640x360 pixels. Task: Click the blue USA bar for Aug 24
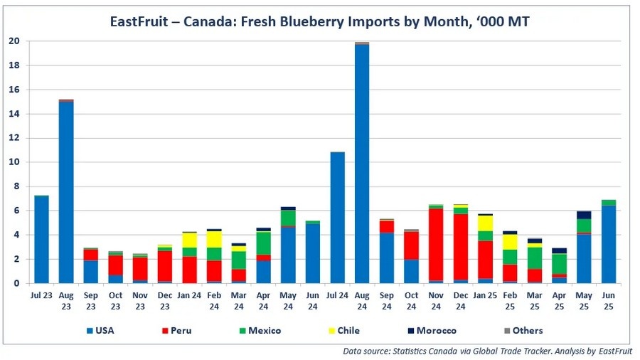pyautogui.click(x=361, y=164)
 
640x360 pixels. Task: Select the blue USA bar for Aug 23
pyautogui.click(x=66, y=192)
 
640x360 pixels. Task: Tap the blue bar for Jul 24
pyautogui.click(x=337, y=217)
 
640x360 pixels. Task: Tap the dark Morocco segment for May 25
pyautogui.click(x=583, y=215)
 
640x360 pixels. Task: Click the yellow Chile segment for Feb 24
pyautogui.click(x=213, y=239)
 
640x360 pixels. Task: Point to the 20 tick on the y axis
pyautogui.click(x=14, y=41)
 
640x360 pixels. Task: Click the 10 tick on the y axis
pyautogui.click(x=14, y=162)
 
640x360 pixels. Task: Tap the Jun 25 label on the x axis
pyautogui.click(x=608, y=300)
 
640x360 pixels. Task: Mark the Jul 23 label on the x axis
pyautogui.click(x=42, y=295)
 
